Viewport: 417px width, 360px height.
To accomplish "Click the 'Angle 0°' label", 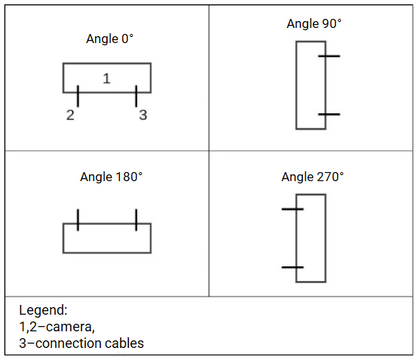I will [110, 38].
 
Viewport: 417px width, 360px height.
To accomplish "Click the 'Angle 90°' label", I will [314, 23].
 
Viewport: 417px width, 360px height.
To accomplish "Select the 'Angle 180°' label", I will [111, 177].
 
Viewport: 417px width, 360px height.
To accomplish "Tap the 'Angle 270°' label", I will [312, 177].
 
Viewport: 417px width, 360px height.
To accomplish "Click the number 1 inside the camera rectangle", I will [106, 78].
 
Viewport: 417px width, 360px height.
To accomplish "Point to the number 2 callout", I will [70, 115].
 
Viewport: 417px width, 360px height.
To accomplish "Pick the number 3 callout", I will [143, 115].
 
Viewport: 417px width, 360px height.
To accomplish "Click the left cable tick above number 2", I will [78, 96].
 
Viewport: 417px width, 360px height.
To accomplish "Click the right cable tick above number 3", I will [136, 96].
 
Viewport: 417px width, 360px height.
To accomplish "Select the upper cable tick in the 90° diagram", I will [329, 56].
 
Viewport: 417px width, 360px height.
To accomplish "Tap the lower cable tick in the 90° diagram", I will [329, 114].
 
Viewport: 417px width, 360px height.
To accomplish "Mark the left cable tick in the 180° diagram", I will [78, 220].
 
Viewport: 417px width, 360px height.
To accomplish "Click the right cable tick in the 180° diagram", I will [136, 220].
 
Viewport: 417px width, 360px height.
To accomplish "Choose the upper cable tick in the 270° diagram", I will [293, 209].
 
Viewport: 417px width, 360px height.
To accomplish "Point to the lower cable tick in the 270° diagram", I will [293, 267].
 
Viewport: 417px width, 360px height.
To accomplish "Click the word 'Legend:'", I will [42, 310].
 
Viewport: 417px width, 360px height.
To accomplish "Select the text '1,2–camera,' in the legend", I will [57, 327].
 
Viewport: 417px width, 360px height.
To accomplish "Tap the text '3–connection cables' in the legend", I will [81, 343].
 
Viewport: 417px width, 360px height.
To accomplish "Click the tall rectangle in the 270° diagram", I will [311, 238].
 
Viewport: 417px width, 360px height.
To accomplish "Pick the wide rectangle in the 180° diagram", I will [106, 238].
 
